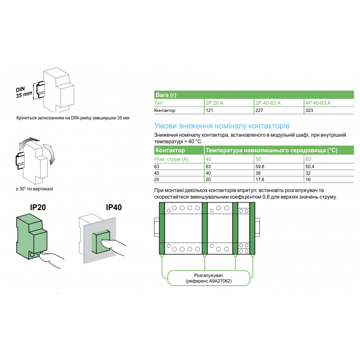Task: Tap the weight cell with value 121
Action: pyautogui.click(x=209, y=110)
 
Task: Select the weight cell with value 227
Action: pyautogui.click(x=260, y=110)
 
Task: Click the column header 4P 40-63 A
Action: pyautogui.click(x=318, y=103)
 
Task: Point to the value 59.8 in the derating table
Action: pyautogui.click(x=260, y=166)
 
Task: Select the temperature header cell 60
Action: pyautogui.click(x=308, y=159)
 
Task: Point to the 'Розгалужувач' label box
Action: pyautogui.click(x=208, y=278)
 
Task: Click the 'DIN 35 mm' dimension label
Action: pyautogui.click(x=24, y=92)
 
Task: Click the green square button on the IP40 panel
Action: pyautogui.click(x=100, y=243)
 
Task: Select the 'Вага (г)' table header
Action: pyautogui.click(x=166, y=95)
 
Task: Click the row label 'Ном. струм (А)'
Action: pyautogui.click(x=171, y=159)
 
